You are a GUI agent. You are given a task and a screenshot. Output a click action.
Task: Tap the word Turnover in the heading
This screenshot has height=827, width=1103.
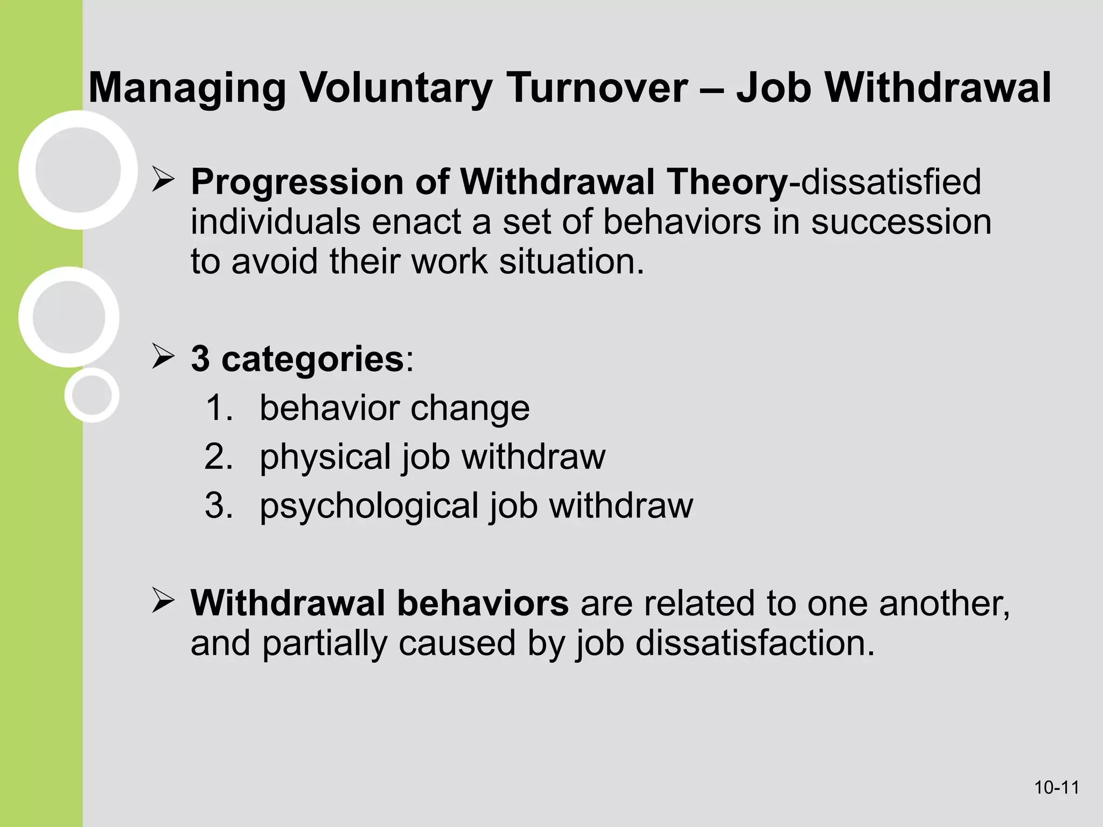click(x=597, y=88)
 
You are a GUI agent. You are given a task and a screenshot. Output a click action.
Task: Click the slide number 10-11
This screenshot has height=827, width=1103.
click(x=1057, y=788)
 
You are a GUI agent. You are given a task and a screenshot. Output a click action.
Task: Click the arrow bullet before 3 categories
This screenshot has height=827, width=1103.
click(x=163, y=356)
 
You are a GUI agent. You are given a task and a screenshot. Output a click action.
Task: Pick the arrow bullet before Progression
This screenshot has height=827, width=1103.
click(x=163, y=179)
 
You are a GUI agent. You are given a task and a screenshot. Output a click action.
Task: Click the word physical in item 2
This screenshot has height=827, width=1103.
click(x=325, y=457)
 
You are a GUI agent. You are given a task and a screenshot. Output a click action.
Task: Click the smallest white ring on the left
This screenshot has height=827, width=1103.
click(x=92, y=395)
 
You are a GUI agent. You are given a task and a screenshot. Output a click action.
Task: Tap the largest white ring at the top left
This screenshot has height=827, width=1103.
click(x=78, y=170)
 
